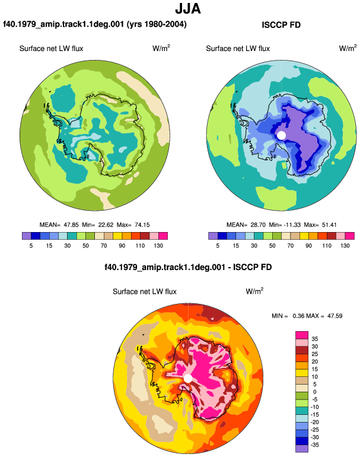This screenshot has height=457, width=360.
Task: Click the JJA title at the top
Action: point(188,9)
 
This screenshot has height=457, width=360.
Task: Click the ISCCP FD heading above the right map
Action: point(281,25)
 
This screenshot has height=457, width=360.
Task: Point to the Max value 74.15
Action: point(142,225)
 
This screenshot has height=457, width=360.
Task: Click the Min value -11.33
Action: point(292,225)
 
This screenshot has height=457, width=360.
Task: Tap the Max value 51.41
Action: point(329,225)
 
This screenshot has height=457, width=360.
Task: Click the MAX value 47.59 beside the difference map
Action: point(334,316)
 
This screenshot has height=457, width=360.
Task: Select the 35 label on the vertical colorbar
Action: point(314,339)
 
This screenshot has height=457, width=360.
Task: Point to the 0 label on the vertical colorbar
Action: point(314,392)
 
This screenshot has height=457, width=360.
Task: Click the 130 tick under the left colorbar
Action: point(158,246)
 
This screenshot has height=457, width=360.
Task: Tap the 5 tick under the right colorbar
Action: point(218,246)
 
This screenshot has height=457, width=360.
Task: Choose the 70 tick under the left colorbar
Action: point(104,246)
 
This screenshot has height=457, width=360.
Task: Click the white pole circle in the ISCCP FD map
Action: point(281,135)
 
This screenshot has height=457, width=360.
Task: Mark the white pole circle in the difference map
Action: point(188,379)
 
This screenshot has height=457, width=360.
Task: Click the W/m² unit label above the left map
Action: point(161,48)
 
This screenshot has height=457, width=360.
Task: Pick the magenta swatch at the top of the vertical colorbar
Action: point(302,335)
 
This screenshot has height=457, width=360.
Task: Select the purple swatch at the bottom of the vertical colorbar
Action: point(302,449)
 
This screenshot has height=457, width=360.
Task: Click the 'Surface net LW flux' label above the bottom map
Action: point(145,292)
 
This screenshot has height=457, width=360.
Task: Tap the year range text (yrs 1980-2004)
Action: point(157,24)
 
